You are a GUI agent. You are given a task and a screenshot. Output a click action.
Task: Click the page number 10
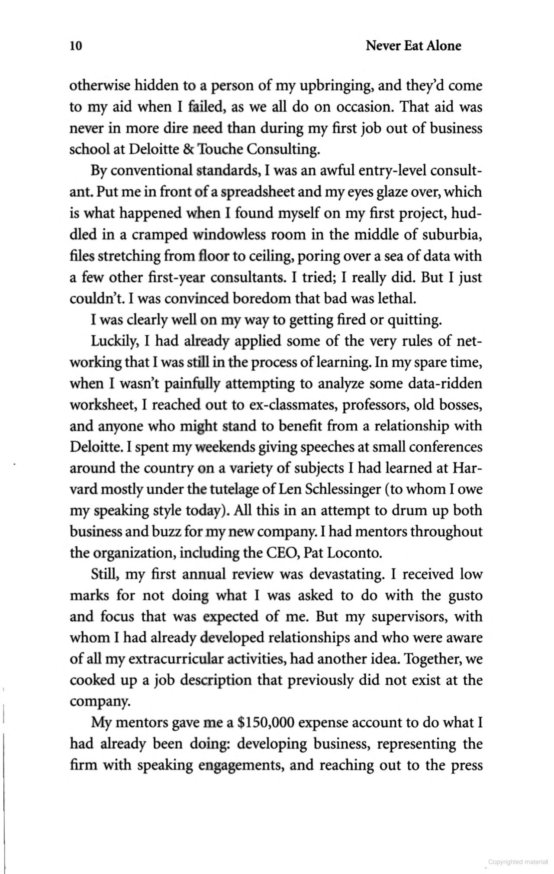point(76,46)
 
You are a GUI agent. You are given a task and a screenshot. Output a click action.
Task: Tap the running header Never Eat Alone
point(413,46)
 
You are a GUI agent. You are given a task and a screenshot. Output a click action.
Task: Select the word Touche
point(220,149)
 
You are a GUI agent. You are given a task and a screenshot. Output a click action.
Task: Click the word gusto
point(464,596)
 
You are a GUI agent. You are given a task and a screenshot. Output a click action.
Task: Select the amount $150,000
point(266,723)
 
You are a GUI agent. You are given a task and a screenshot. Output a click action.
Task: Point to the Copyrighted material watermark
point(518,862)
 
